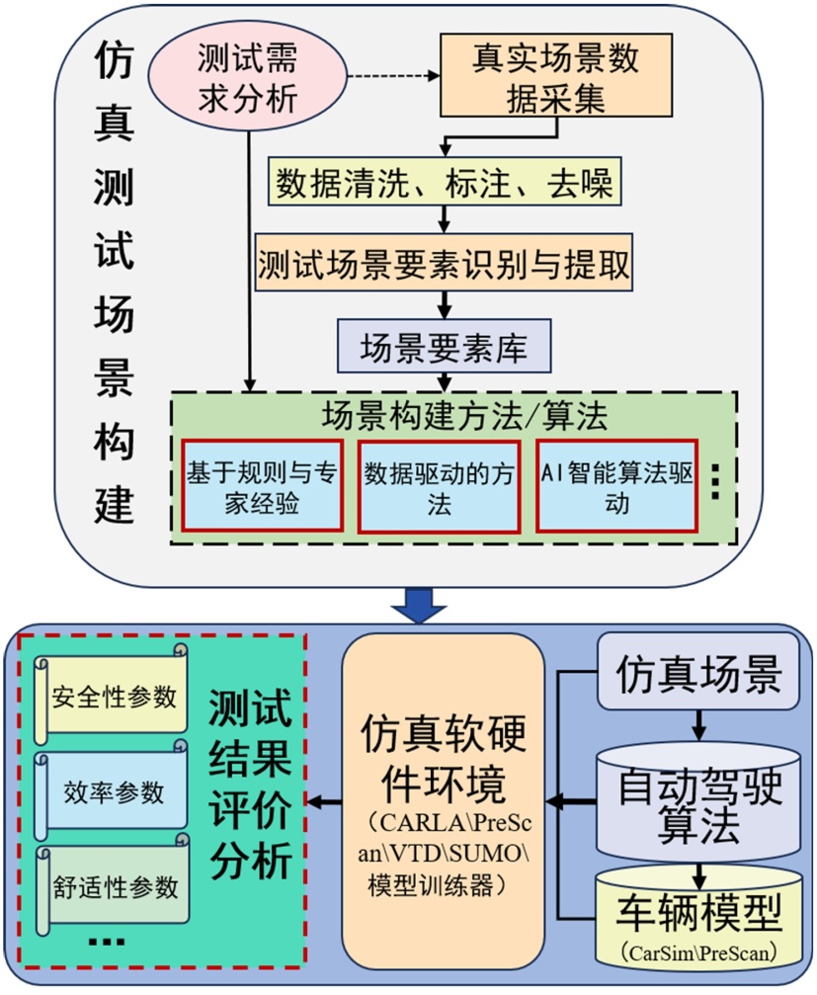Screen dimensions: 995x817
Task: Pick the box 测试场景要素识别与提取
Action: pyautogui.click(x=442, y=264)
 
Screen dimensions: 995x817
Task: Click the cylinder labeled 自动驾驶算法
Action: pyautogui.click(x=697, y=805)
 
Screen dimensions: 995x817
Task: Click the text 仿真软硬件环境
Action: pyautogui.click(x=443, y=759)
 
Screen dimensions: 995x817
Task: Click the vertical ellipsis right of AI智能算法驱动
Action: pyautogui.click(x=718, y=482)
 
